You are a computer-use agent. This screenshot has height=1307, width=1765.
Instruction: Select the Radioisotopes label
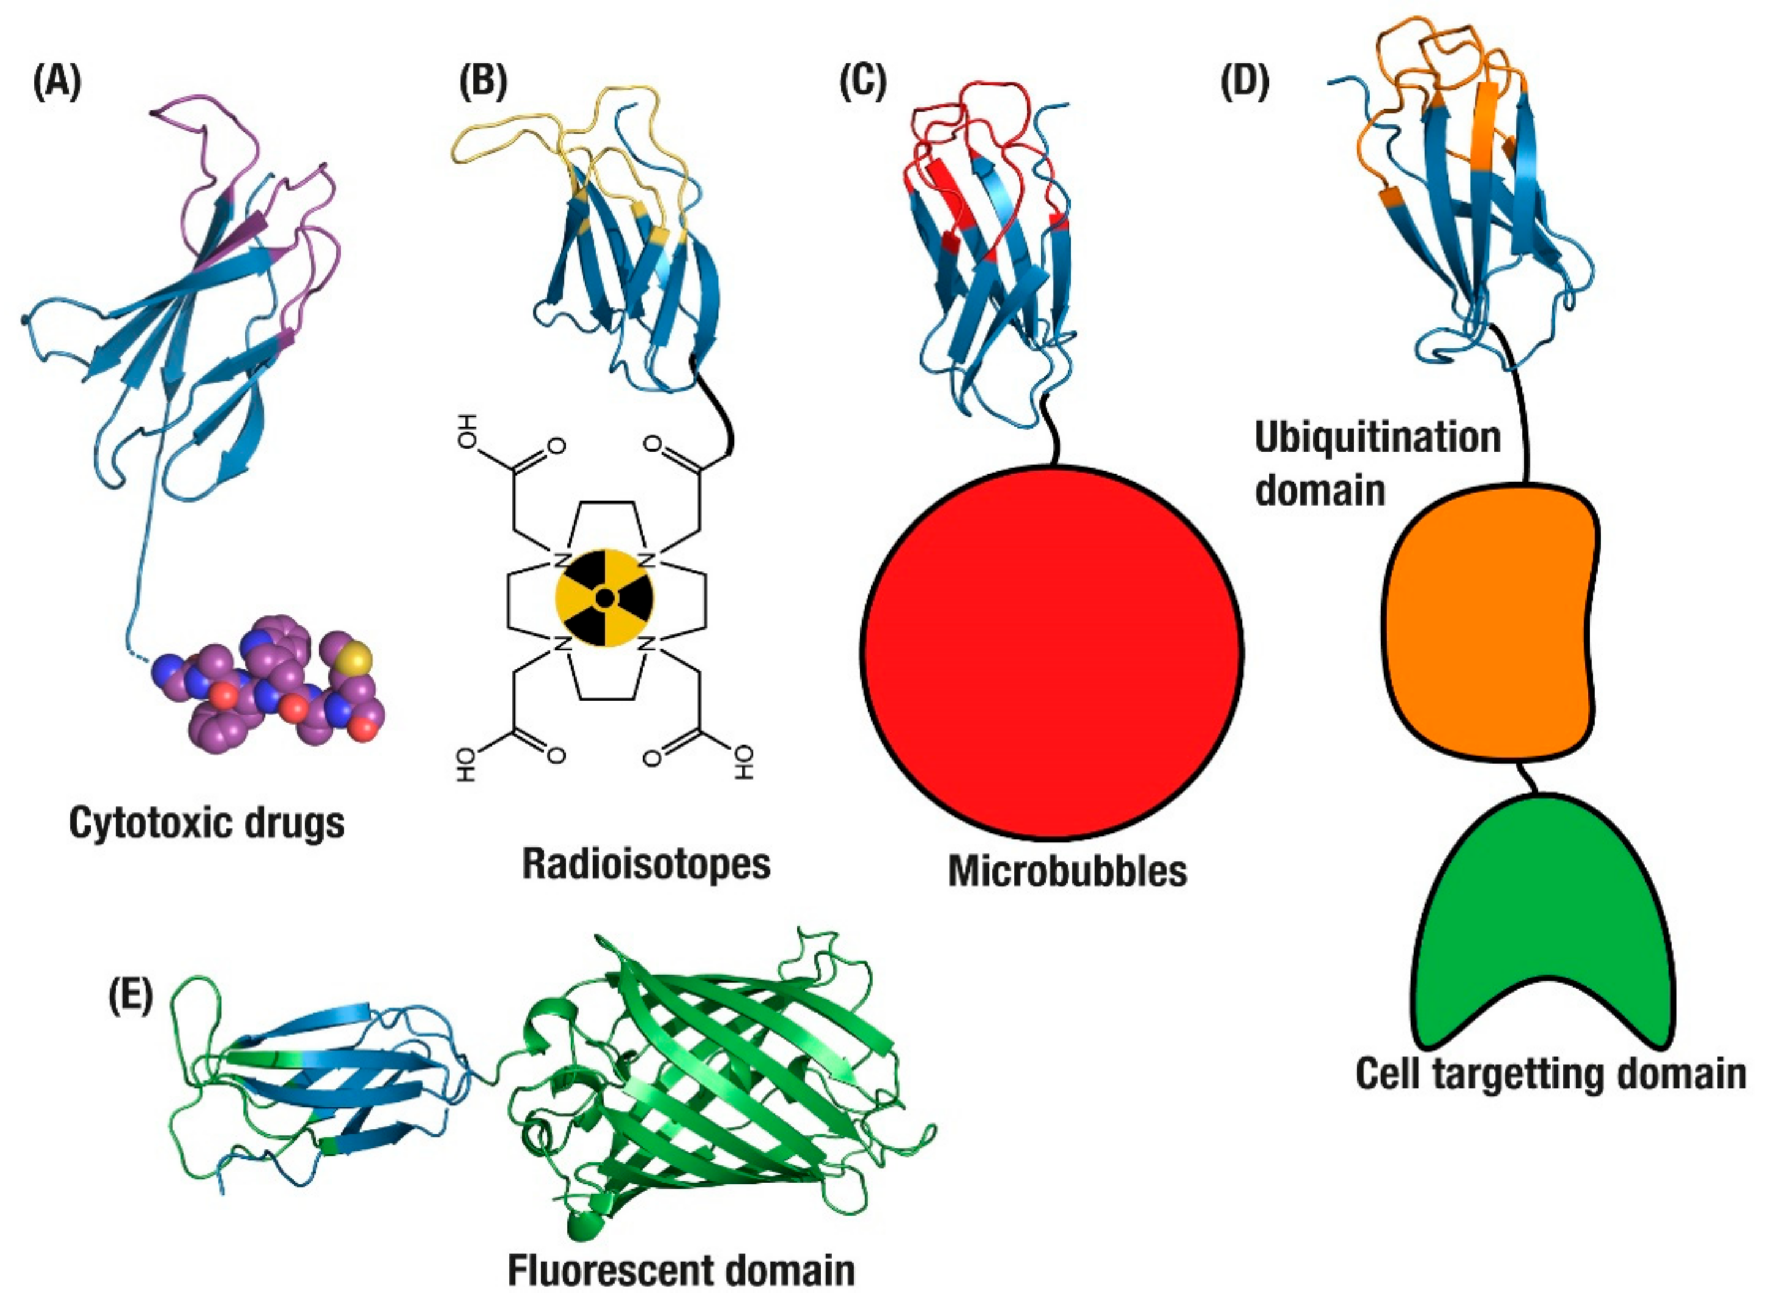646,864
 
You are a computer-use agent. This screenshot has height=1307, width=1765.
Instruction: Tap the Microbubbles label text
1067,871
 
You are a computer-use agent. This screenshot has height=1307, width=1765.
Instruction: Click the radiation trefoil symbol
604,599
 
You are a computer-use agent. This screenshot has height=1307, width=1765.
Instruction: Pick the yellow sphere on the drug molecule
357,656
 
